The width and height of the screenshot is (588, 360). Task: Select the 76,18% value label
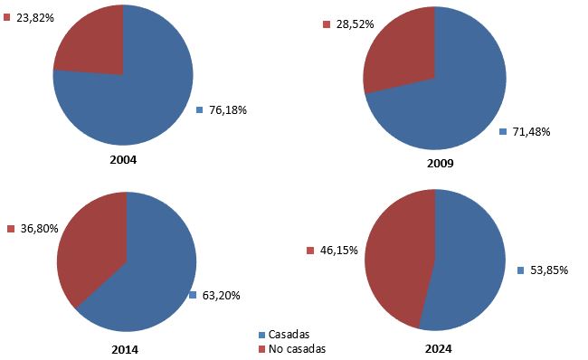[x=227, y=109]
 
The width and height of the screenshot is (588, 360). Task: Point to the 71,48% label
[x=531, y=132]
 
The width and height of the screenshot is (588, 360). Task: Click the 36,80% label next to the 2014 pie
[x=38, y=229]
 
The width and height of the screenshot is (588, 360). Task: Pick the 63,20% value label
[x=221, y=295]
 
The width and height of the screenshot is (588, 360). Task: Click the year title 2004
[x=122, y=159]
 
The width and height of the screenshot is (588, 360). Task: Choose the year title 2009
[x=441, y=164]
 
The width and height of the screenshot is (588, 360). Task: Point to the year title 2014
[x=127, y=348]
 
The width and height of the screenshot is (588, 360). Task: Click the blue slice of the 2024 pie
[x=470, y=262]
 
